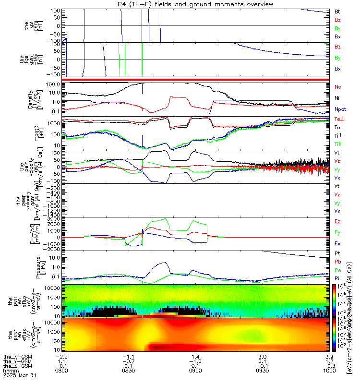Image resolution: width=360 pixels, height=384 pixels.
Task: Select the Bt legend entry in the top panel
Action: pos(337,11)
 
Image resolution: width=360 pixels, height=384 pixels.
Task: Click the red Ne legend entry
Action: pos(337,87)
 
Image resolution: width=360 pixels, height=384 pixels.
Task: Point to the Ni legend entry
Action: pos(337,98)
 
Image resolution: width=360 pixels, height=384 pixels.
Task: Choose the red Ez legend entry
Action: pos(337,222)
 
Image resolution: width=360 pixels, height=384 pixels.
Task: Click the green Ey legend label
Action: pos(337,233)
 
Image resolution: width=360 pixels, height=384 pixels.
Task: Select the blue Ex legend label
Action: pos(337,244)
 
